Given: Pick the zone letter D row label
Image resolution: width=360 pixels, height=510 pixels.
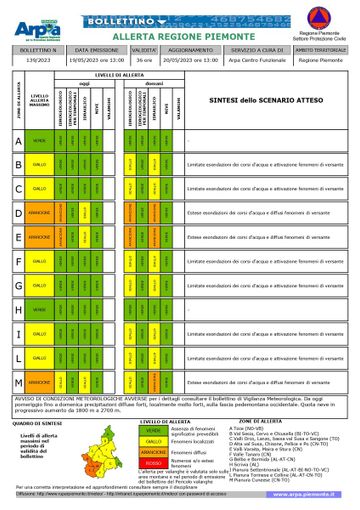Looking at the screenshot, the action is coord(18,213).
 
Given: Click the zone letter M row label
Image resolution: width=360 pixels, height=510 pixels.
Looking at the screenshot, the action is coord(18,382).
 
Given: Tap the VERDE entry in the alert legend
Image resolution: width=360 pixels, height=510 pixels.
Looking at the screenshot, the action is coord(153,431).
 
